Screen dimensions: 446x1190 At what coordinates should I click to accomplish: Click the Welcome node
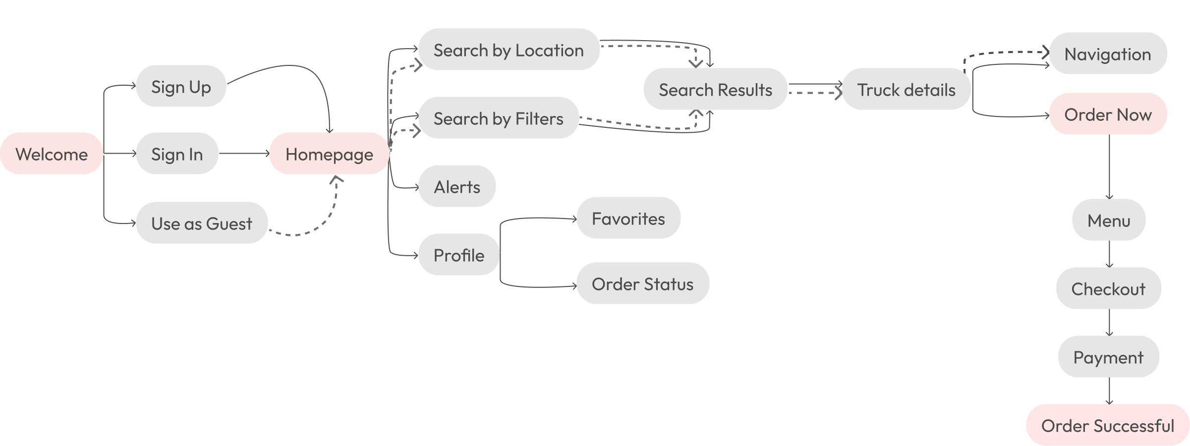click(x=52, y=154)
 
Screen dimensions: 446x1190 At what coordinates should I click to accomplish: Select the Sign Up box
click(x=181, y=86)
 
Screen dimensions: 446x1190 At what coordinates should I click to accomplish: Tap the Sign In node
click(x=177, y=154)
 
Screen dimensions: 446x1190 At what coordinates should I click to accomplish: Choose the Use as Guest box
click(x=202, y=223)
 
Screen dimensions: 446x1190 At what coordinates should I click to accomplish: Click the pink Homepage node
click(x=329, y=154)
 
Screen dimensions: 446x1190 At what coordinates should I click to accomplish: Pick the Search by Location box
click(x=509, y=50)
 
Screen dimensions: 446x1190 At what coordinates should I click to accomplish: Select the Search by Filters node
click(x=498, y=118)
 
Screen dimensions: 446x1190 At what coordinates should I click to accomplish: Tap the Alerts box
click(x=457, y=186)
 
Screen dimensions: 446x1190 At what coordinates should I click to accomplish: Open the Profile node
click(x=459, y=255)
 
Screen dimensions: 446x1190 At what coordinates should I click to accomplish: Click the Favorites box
click(x=628, y=218)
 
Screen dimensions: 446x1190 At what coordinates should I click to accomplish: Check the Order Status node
click(x=642, y=283)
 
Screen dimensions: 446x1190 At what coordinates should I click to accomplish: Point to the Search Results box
click(x=715, y=89)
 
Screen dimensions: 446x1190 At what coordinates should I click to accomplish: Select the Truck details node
click(x=906, y=89)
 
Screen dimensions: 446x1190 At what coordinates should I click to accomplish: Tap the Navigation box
click(x=1108, y=54)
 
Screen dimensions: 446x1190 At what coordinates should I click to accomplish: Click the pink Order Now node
click(x=1108, y=114)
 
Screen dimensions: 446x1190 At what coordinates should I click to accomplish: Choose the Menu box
click(x=1109, y=220)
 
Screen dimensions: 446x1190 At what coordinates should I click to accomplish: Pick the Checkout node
click(x=1108, y=288)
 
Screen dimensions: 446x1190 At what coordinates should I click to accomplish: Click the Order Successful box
click(x=1108, y=425)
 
